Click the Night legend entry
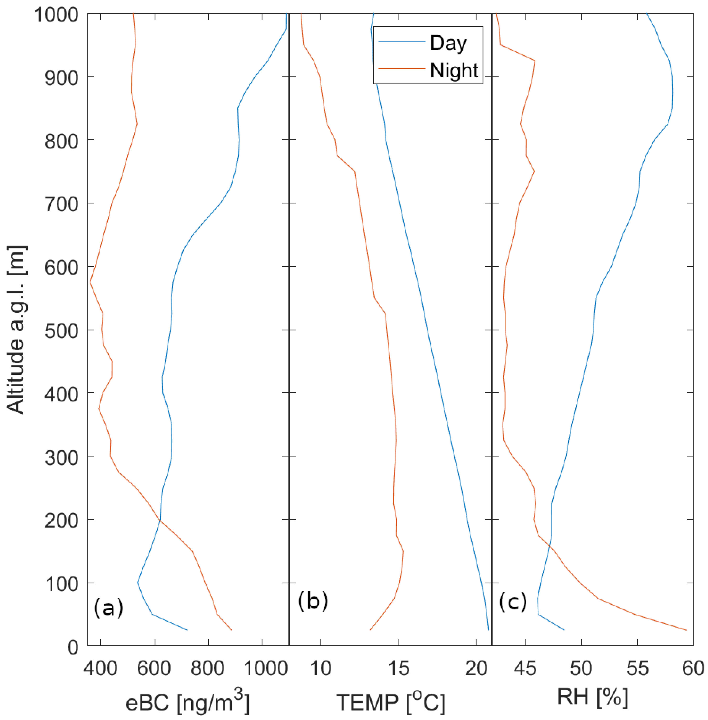coord(454,70)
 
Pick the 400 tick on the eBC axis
coord(100,668)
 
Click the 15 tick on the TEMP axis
coord(398,668)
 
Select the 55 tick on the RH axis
coord(637,668)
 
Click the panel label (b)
coord(313,601)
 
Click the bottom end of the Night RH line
coord(686,630)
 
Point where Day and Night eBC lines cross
coord(159,520)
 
